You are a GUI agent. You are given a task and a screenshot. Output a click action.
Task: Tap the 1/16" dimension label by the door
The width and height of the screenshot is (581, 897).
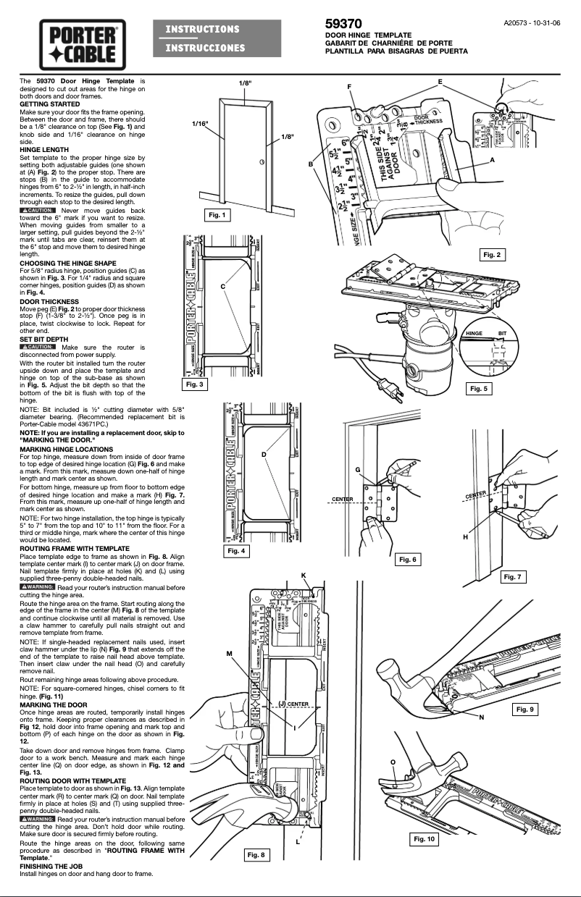coord(200,124)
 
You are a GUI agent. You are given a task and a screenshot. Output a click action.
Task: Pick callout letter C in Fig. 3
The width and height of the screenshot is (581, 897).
coord(224,287)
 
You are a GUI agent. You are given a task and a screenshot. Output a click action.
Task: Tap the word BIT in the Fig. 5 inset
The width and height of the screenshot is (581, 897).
coord(502,332)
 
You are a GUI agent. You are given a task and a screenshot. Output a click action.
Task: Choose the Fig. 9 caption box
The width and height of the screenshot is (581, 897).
coord(524,709)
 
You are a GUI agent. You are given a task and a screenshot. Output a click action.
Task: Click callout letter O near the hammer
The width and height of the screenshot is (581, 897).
coord(393,762)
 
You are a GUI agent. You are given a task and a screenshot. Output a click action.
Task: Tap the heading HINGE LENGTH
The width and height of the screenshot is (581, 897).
coord(44,149)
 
